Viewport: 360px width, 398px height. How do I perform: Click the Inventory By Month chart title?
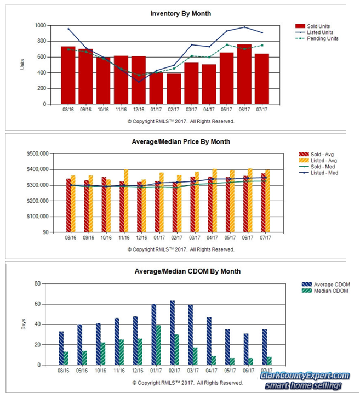[x=181, y=14]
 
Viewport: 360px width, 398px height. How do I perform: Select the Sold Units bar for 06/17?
[x=244, y=74]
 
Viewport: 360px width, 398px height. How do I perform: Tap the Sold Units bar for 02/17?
[x=174, y=89]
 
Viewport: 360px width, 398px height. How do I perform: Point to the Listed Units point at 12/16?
[x=139, y=82]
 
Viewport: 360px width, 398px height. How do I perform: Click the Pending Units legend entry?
[x=317, y=38]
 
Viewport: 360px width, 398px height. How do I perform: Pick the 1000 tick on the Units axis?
[x=41, y=25]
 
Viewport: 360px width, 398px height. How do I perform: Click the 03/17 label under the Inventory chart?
[x=191, y=110]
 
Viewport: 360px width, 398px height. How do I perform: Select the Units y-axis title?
[x=22, y=65]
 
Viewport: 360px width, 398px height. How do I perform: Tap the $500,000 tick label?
[x=38, y=153]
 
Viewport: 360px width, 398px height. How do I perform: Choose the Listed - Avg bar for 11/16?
[x=126, y=201]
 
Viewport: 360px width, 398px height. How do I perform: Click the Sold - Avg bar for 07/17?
[x=264, y=203]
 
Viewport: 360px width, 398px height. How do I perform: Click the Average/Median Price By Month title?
[x=181, y=141]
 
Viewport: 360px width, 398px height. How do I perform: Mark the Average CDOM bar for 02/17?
[x=172, y=333]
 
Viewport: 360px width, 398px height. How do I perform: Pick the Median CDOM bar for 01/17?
[x=158, y=345]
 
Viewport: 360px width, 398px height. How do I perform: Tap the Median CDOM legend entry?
[x=325, y=291]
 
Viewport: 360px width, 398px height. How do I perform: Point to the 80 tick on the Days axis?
[x=37, y=283]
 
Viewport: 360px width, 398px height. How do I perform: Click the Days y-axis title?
[x=24, y=324]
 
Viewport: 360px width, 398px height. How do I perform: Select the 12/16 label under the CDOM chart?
[x=138, y=371]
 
